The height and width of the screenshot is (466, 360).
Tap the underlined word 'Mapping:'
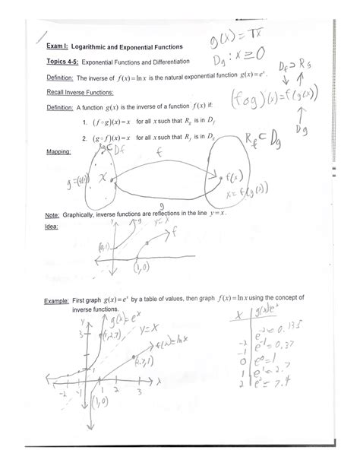point(58,151)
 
